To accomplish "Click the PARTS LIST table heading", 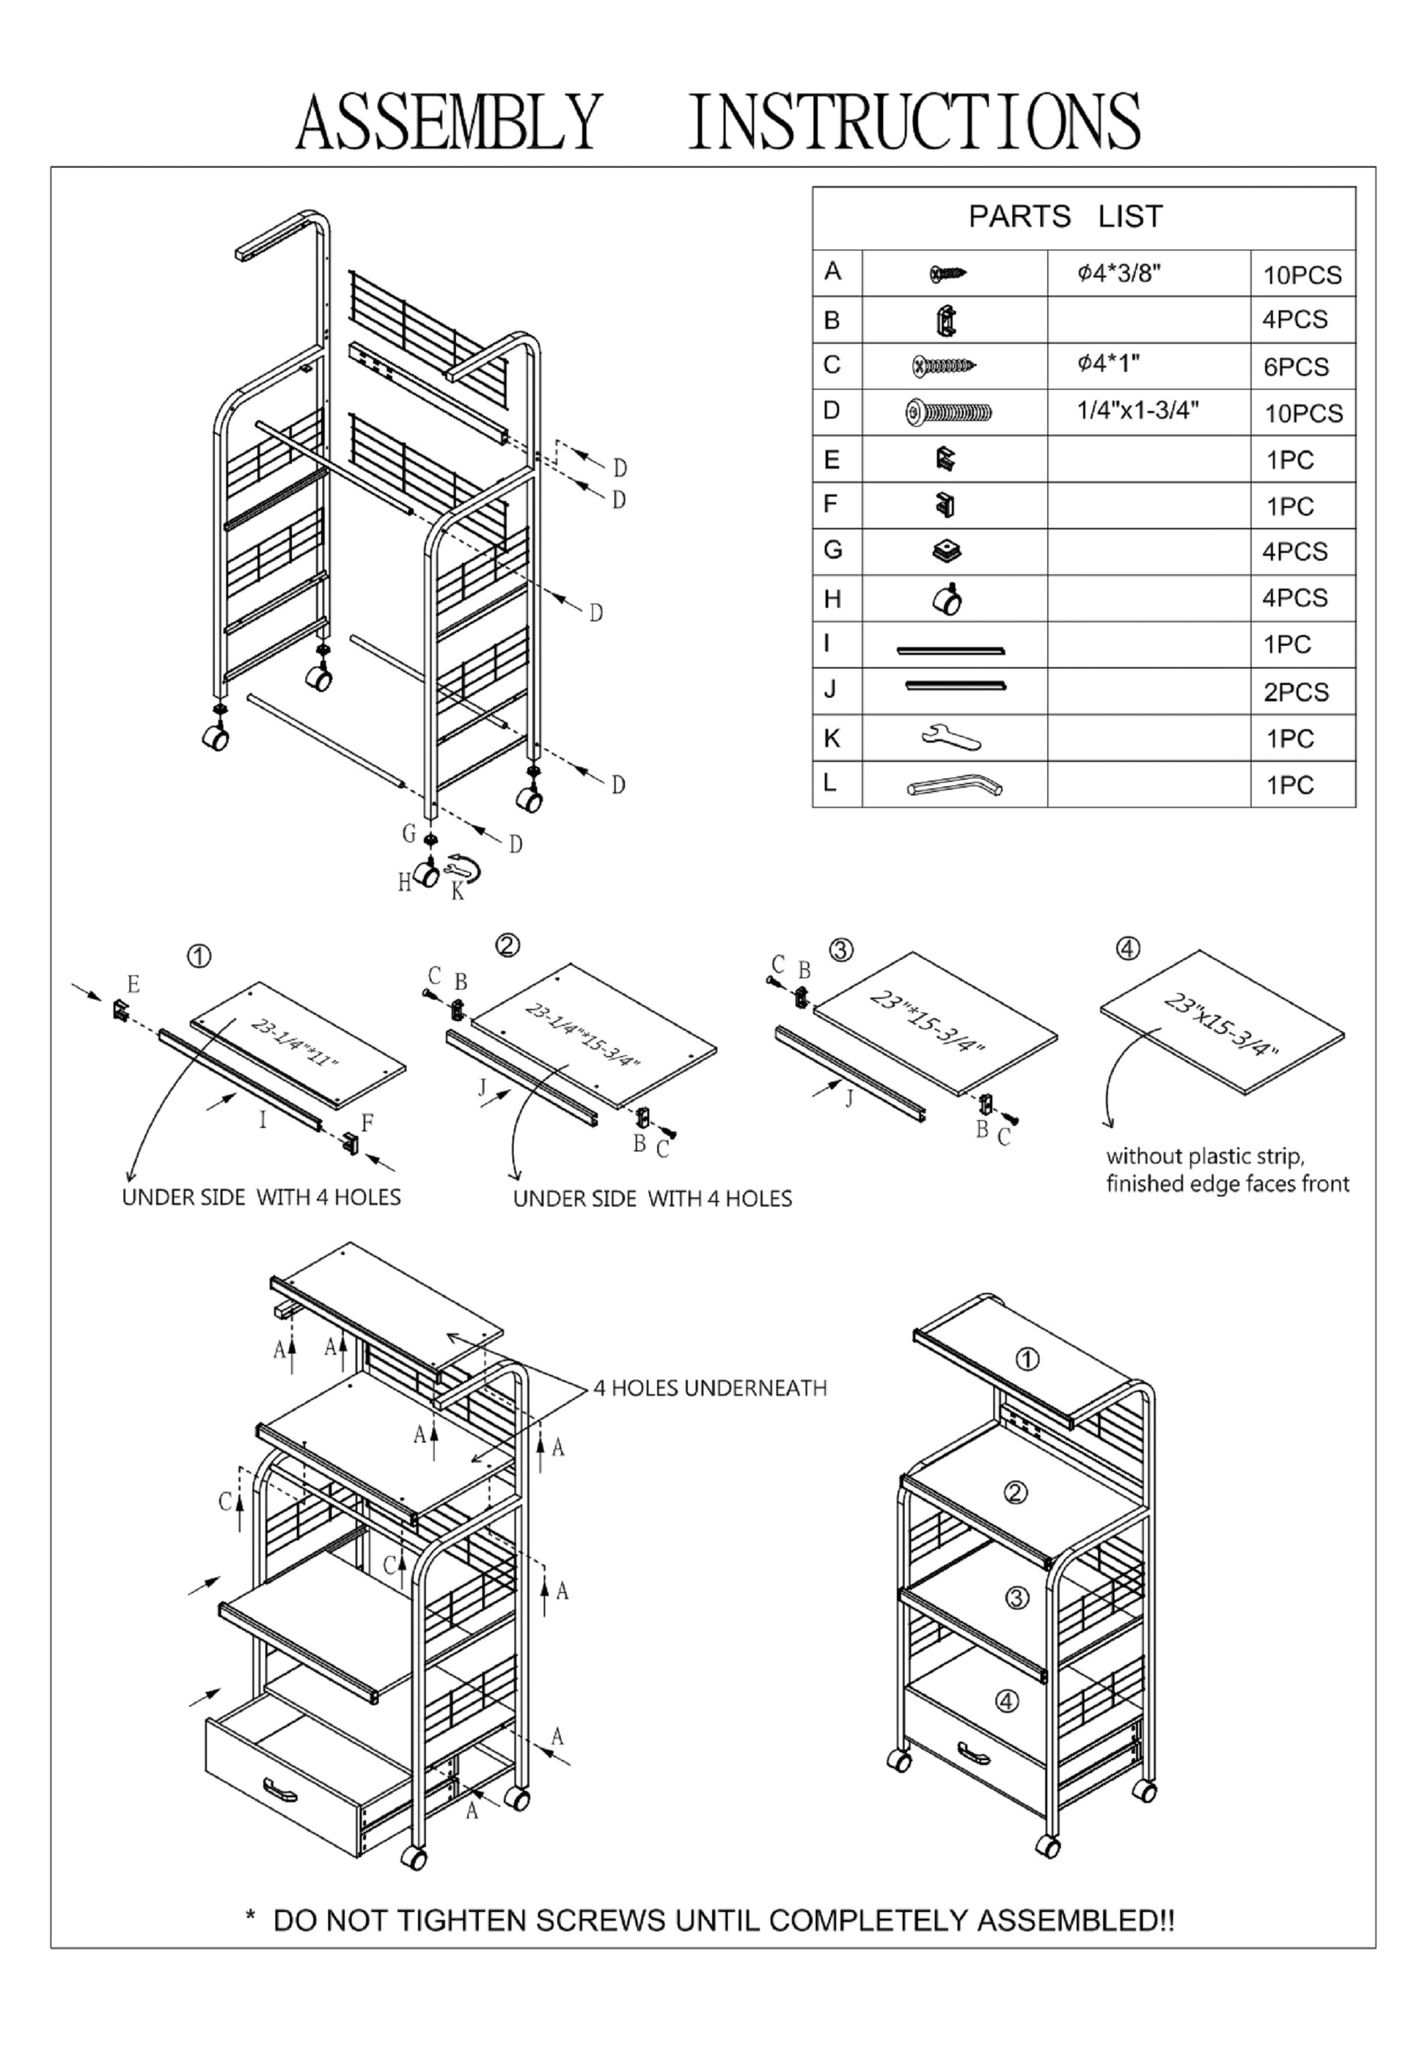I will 1065,216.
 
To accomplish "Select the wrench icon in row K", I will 950,738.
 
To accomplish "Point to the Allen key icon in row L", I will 954,785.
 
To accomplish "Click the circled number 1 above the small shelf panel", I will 199,956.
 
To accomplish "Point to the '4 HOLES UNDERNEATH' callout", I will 710,1388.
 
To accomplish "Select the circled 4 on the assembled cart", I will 1008,1701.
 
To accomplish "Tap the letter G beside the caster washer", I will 408,833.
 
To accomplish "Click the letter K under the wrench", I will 457,891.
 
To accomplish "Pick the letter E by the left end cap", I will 133,985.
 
